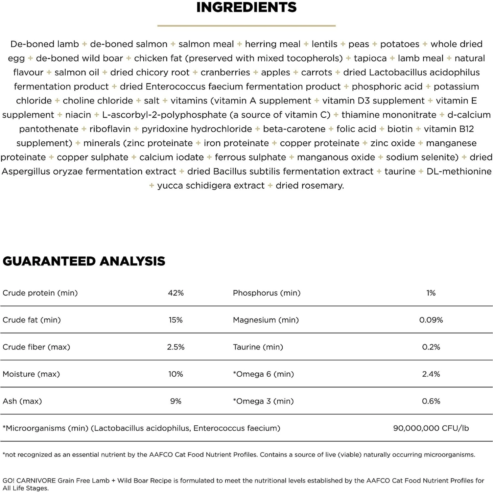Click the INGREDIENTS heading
click(x=246, y=7)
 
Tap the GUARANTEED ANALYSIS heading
click(x=84, y=261)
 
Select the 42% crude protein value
click(x=176, y=293)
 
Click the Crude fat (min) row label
click(x=32, y=320)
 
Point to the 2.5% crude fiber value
click(x=176, y=347)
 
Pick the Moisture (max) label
click(x=31, y=374)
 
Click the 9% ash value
click(x=176, y=401)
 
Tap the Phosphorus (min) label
click(x=267, y=293)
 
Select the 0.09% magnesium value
click(x=431, y=320)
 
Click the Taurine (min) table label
click(x=258, y=347)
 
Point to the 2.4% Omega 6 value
click(x=431, y=374)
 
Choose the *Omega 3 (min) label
click(x=263, y=401)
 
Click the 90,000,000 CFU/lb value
click(x=431, y=428)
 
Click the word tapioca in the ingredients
click(x=370, y=58)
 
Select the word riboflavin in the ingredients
click(x=110, y=129)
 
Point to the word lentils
click(x=324, y=44)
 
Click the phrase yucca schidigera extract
click(x=211, y=185)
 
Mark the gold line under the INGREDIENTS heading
click(x=246, y=25)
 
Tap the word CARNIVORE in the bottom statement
click(x=36, y=481)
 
